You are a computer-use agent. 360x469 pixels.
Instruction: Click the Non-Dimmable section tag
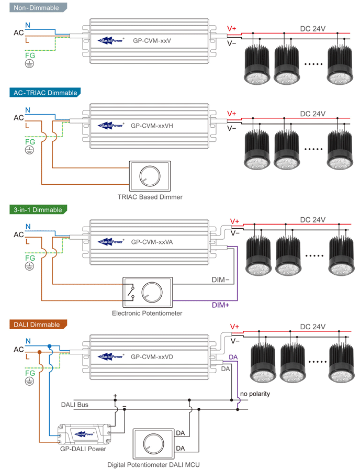33,8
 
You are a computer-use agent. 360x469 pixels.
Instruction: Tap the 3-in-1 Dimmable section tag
38,210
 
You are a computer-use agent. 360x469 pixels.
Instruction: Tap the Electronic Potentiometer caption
147,313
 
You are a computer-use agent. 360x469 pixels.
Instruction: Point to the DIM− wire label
220,280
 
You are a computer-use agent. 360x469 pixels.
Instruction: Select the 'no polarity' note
255,394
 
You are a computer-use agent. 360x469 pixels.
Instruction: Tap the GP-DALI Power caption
84,449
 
